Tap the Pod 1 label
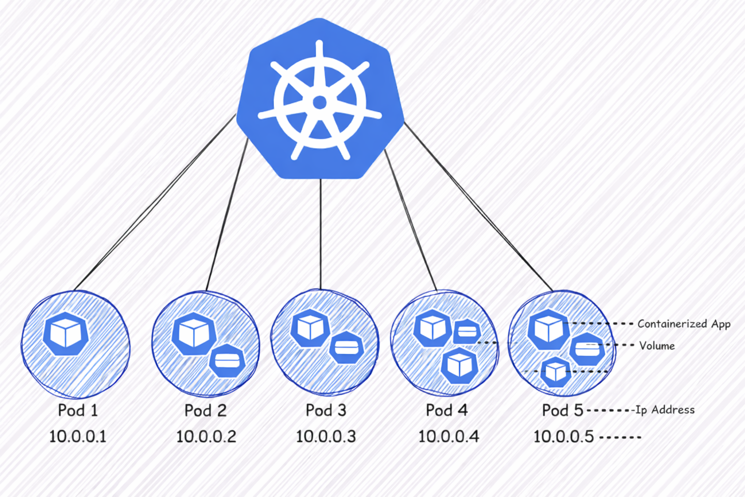[x=78, y=411]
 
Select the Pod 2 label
[x=205, y=411]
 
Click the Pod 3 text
[x=326, y=411]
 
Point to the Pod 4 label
[x=447, y=411]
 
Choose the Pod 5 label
[x=563, y=411]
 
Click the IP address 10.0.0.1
[x=78, y=436]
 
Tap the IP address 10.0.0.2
[x=206, y=436]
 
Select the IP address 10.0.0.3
[x=326, y=436]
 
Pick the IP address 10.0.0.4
[x=449, y=436]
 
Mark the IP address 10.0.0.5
[x=564, y=436]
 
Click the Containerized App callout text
[x=684, y=324]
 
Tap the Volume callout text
[x=657, y=346]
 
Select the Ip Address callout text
[x=665, y=410]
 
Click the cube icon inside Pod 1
[x=66, y=334]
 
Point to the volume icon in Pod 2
[x=227, y=361]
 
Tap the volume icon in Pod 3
[x=346, y=348]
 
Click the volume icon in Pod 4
[x=467, y=331]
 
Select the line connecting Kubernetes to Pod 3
[x=321, y=233]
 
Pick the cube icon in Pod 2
[x=194, y=333]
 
